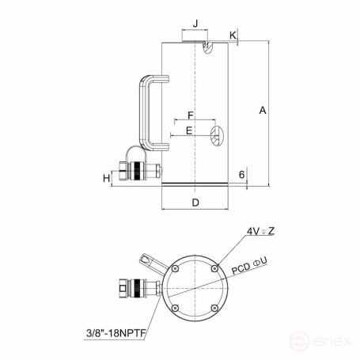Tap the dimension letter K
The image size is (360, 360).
pyautogui.click(x=233, y=36)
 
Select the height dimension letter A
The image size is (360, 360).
pyautogui.click(x=262, y=112)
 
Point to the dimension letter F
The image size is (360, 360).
pyautogui.click(x=190, y=116)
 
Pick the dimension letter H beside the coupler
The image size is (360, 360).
pyautogui.click(x=106, y=178)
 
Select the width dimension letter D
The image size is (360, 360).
pyautogui.click(x=195, y=203)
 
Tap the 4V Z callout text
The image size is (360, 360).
pyautogui.click(x=260, y=232)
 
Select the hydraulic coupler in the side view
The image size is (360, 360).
pyautogui.click(x=137, y=170)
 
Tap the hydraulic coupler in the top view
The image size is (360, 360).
pyautogui.click(x=135, y=289)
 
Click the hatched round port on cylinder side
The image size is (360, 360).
pyautogui.click(x=215, y=135)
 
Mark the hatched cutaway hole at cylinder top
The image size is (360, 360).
pyautogui.click(x=209, y=48)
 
